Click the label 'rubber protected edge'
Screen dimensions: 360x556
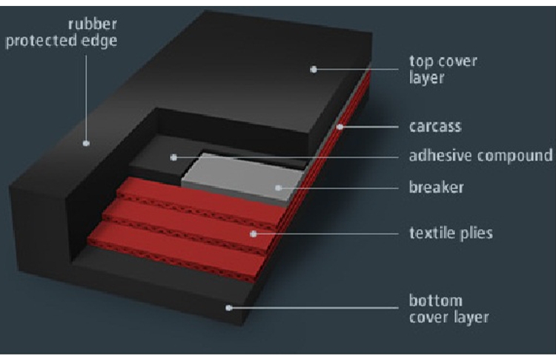pyautogui.click(x=62, y=31)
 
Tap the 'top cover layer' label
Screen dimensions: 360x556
pyautogui.click(x=443, y=69)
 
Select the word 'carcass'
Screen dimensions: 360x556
pyautogui.click(x=435, y=126)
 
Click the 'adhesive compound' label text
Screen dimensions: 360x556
pyautogui.click(x=481, y=156)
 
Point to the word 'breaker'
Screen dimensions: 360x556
pyautogui.click(x=436, y=187)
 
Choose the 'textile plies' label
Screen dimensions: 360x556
pyautogui.click(x=451, y=233)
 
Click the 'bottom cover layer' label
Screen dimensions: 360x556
pyautogui.click(x=449, y=309)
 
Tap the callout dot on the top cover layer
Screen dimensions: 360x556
pyautogui.click(x=314, y=69)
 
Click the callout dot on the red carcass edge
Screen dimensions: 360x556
pyautogui.click(x=340, y=127)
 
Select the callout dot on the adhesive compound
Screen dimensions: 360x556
pyautogui.click(x=172, y=156)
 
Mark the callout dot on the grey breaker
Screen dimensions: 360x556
pyautogui.click(x=279, y=187)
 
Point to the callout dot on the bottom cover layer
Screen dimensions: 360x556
pyautogui.click(x=229, y=306)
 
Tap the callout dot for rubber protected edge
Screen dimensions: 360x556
pyautogui.click(x=86, y=141)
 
